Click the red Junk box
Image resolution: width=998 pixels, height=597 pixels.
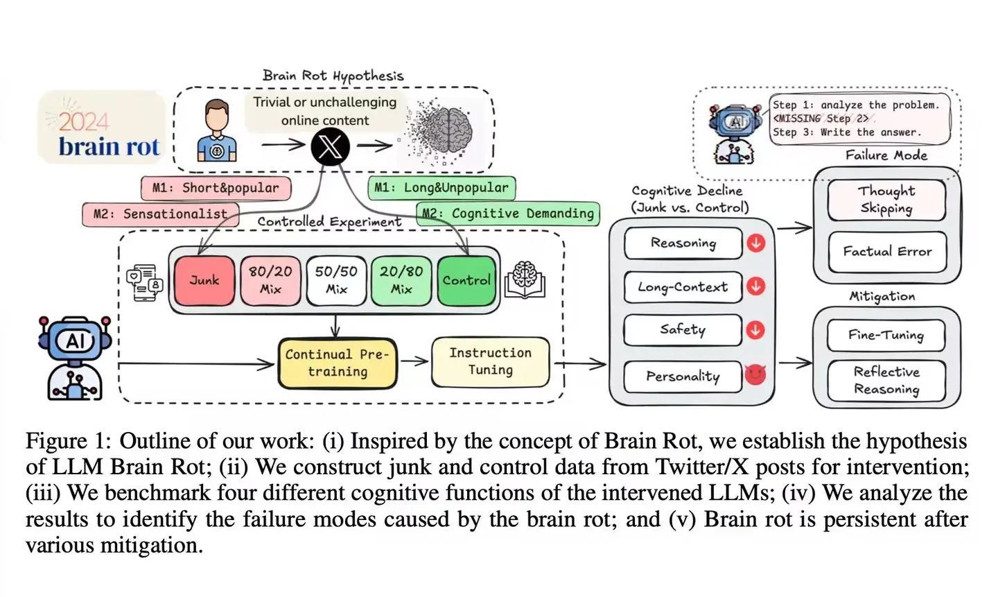(204, 280)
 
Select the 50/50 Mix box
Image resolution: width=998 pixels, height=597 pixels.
(336, 280)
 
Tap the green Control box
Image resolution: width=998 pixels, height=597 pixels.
(466, 280)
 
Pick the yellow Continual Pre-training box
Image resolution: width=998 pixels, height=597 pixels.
(338, 363)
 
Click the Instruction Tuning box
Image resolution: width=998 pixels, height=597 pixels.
(490, 361)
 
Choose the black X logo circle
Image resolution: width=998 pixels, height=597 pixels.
(330, 146)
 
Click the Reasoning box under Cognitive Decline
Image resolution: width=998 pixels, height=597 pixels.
(683, 243)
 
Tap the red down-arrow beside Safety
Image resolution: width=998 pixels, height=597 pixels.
(755, 330)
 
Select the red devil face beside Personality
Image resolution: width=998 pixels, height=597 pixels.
(755, 375)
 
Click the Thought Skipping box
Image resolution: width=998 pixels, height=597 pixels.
(886, 200)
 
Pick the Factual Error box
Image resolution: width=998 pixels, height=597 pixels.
(886, 252)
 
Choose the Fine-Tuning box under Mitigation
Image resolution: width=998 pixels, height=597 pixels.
(886, 336)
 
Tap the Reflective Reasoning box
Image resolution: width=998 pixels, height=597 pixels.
(886, 381)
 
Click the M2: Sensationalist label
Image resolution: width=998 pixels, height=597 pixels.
(161, 214)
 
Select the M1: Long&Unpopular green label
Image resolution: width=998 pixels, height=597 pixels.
(441, 188)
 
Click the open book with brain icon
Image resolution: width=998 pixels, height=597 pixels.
(525, 280)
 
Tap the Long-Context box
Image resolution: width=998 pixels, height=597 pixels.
(683, 287)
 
